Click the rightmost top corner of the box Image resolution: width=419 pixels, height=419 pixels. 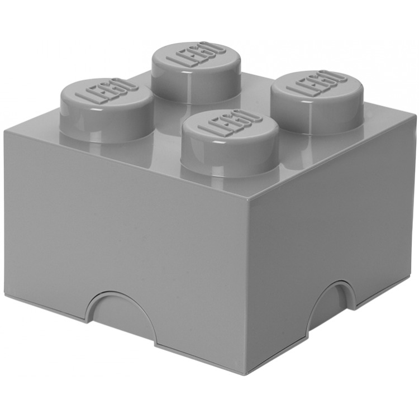[415, 113]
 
